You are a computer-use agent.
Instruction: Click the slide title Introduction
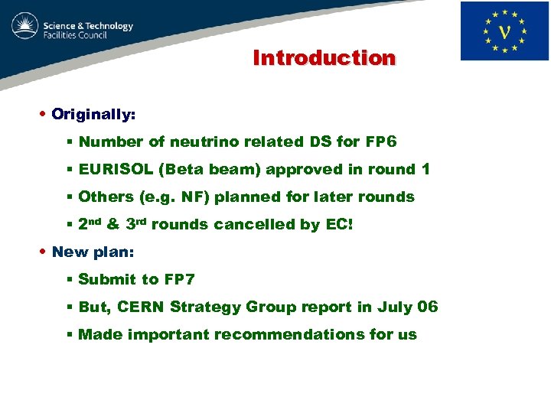click(x=324, y=58)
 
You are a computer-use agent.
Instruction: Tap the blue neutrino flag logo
click(x=504, y=31)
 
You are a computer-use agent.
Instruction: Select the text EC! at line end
click(x=341, y=224)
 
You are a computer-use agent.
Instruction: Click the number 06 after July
click(x=428, y=307)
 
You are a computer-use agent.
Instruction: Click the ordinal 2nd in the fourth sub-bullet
click(x=90, y=224)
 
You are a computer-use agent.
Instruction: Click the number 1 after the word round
click(x=425, y=169)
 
